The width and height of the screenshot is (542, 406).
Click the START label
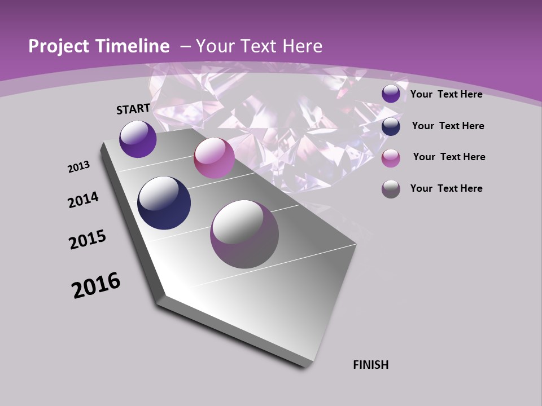pyautogui.click(x=133, y=108)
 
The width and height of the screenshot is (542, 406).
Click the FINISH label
pyautogui.click(x=371, y=365)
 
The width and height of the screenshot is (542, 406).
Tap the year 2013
pyautogui.click(x=78, y=167)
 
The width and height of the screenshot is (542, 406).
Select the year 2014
pyautogui.click(x=84, y=200)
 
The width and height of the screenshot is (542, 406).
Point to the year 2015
pyautogui.click(x=88, y=240)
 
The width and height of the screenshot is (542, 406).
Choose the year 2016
pyautogui.click(x=96, y=285)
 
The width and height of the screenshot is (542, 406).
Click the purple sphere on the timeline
pyautogui.click(x=138, y=139)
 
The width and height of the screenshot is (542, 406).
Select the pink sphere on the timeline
pyautogui.click(x=214, y=158)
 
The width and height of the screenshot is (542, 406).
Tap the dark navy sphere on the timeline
pyautogui.click(x=164, y=203)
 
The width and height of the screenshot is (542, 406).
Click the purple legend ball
pyautogui.click(x=391, y=94)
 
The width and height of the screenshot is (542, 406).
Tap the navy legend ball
pyautogui.click(x=391, y=126)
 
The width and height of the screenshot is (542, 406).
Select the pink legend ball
pyautogui.click(x=391, y=157)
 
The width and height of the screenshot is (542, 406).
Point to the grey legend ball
pyautogui.click(x=391, y=188)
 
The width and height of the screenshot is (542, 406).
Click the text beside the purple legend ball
pyautogui.click(x=446, y=94)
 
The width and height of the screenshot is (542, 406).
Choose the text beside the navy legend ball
pyautogui.click(x=448, y=126)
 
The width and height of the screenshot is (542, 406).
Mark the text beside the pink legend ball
pyautogui.click(x=449, y=157)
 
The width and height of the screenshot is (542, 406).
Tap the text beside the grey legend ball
pyautogui.click(x=446, y=188)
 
